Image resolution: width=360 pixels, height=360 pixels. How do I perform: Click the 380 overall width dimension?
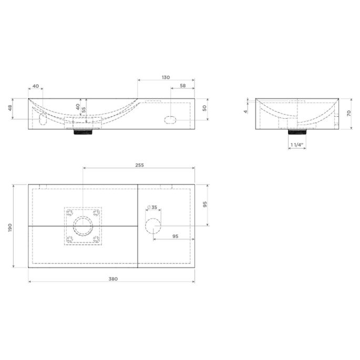click(x=113, y=279)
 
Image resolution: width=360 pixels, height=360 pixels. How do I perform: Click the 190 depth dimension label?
click(x=10, y=228)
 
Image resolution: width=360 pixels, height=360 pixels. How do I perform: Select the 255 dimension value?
click(x=139, y=165)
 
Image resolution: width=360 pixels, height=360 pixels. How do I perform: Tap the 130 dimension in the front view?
click(x=166, y=77)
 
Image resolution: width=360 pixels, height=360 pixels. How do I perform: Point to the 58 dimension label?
click(x=183, y=86)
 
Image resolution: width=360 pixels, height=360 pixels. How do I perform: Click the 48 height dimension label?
click(x=10, y=108)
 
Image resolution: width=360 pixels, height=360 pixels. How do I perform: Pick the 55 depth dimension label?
click(x=84, y=110)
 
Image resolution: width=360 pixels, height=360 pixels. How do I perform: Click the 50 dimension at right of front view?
click(x=204, y=108)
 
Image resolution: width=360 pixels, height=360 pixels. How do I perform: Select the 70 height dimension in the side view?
click(x=349, y=113)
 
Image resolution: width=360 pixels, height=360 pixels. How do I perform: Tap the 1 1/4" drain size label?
click(x=297, y=145)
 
